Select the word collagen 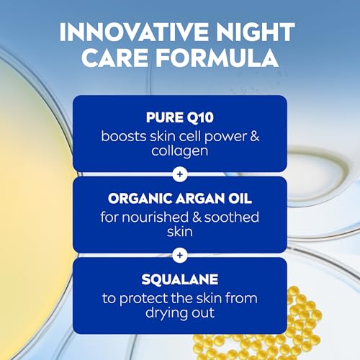[179, 151]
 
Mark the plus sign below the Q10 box [180, 174]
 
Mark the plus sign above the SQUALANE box [180, 255]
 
